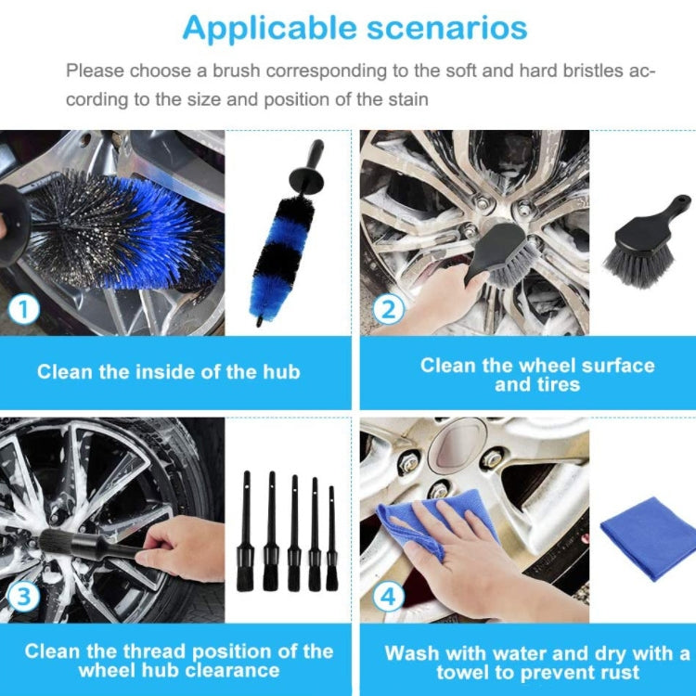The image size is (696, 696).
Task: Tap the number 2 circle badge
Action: [x=387, y=308]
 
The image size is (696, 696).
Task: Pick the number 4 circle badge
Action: [x=387, y=596]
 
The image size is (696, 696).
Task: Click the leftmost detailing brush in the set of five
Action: [x=247, y=534]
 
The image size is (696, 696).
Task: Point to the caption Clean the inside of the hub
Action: [x=169, y=372]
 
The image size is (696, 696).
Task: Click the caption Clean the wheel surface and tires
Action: [x=537, y=374]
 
